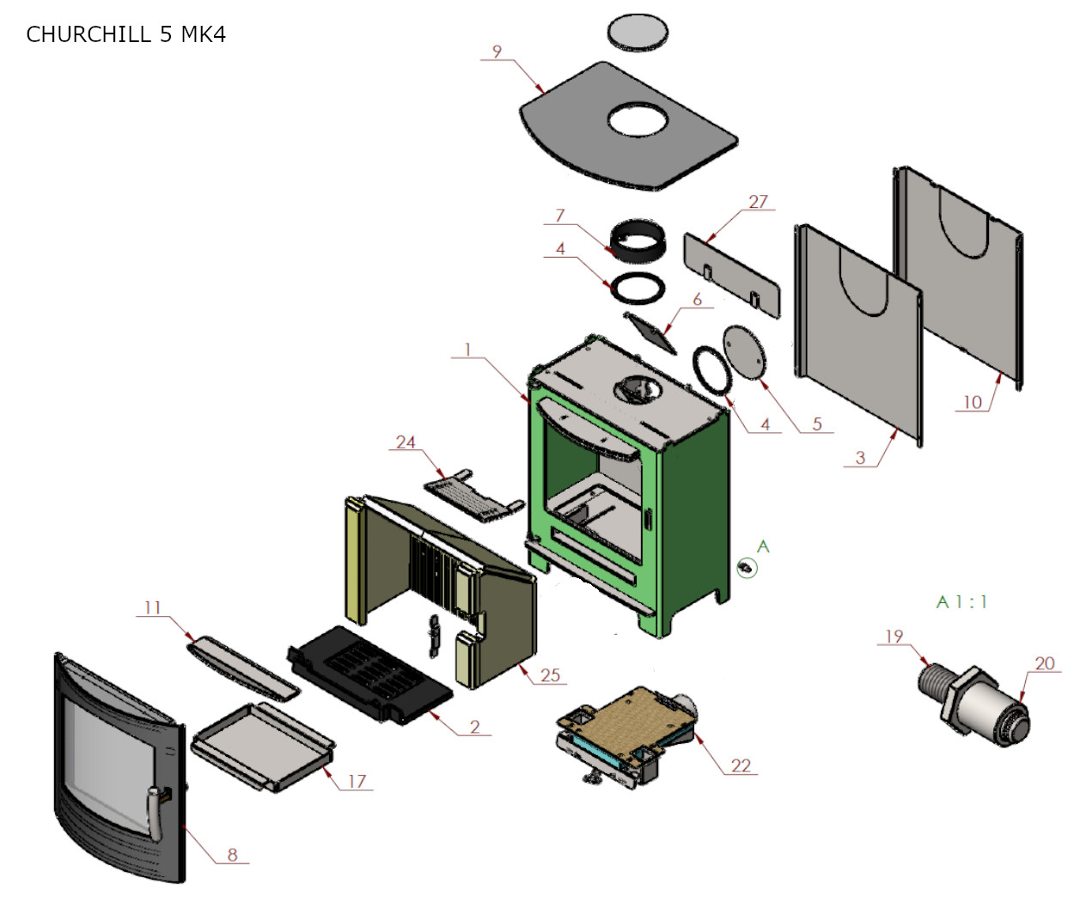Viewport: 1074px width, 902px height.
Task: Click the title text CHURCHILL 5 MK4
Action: (125, 34)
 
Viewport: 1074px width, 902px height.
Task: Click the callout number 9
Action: (497, 52)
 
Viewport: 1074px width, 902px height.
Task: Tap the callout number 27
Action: (757, 202)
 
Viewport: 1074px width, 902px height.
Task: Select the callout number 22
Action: (741, 765)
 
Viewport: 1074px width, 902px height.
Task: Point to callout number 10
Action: (972, 402)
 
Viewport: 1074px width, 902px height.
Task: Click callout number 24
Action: (406, 442)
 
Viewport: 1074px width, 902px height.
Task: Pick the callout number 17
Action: (357, 781)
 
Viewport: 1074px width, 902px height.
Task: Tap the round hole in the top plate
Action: (638, 120)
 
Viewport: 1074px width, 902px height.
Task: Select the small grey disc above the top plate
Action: (638, 32)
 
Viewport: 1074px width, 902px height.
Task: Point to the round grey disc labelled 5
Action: (743, 351)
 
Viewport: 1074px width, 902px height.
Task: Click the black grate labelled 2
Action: (369, 674)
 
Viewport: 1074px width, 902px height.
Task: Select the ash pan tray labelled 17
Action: (262, 744)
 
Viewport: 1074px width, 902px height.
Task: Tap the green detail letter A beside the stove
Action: (763, 546)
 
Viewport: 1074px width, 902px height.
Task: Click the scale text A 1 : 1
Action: (961, 602)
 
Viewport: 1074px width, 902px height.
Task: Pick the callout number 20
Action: (1044, 663)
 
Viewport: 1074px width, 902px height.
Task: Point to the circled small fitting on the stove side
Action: (747, 567)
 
